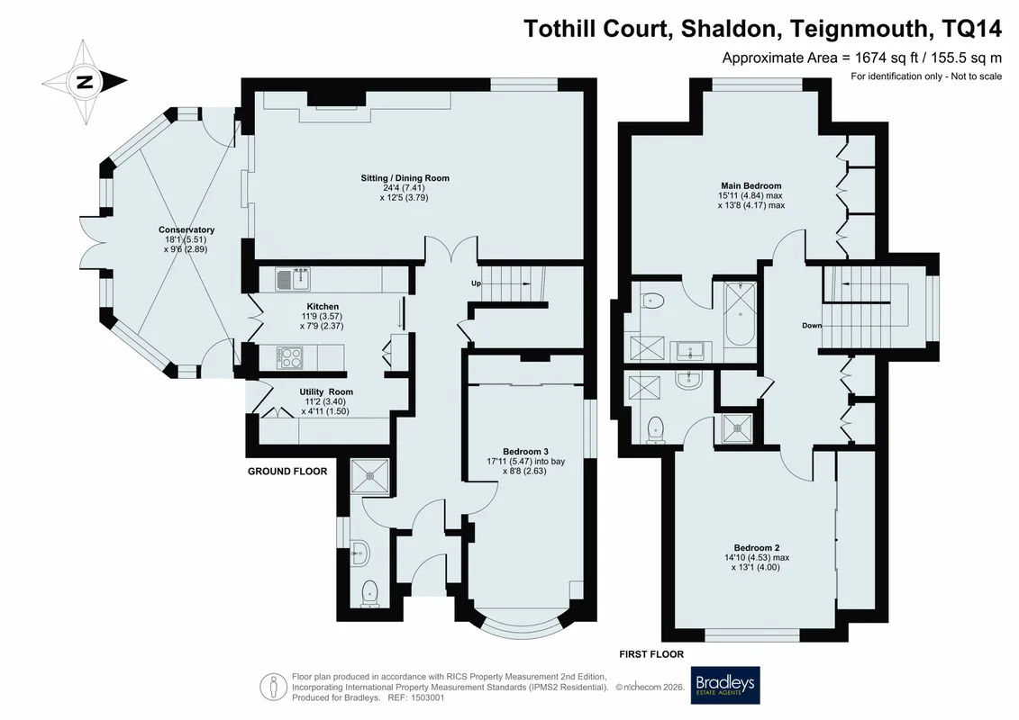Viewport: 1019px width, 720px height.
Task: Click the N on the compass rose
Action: [x=85, y=83]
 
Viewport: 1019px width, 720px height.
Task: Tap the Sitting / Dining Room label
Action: [x=405, y=178]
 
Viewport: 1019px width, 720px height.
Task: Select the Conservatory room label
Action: [x=187, y=229]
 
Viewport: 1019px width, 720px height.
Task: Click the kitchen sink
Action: [x=293, y=279]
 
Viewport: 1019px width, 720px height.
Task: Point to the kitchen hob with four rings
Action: [x=290, y=357]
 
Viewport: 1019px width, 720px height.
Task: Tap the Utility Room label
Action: [x=326, y=392]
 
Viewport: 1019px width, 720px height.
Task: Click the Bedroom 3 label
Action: [x=526, y=452]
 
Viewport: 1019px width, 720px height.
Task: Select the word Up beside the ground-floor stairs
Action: [x=477, y=283]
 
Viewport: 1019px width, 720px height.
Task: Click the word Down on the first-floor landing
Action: [x=812, y=326]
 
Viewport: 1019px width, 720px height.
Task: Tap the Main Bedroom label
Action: [x=751, y=185]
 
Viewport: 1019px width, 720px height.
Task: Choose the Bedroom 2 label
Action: [x=757, y=548]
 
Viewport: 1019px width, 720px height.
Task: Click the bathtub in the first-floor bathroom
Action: [x=741, y=314]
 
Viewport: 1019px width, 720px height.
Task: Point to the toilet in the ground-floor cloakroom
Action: [x=369, y=593]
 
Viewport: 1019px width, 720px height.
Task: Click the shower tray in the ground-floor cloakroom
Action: [x=369, y=477]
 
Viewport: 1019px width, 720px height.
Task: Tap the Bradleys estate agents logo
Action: [x=725, y=685]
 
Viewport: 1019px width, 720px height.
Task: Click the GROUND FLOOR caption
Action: [x=287, y=472]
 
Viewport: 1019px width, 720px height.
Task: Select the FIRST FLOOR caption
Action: [x=651, y=654]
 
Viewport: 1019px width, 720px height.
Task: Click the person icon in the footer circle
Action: [x=274, y=686]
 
